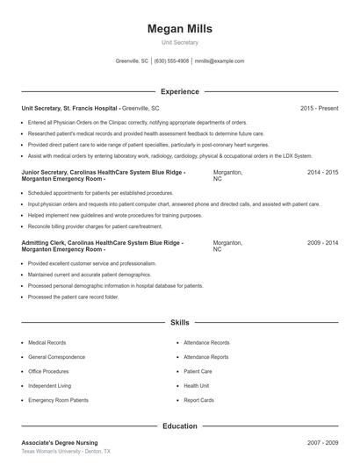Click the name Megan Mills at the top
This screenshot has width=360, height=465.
180,28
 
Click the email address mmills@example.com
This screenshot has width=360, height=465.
220,61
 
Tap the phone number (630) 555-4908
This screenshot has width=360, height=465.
172,61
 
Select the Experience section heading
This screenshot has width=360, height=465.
180,91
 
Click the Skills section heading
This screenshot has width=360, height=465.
180,323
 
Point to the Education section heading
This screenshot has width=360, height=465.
180,426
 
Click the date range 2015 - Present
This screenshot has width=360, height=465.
319,108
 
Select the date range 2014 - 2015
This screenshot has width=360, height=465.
322,173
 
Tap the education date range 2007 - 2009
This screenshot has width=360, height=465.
322,443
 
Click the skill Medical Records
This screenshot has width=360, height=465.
47,343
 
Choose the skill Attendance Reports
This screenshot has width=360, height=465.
206,357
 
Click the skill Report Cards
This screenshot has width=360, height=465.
198,400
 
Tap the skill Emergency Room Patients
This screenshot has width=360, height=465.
58,400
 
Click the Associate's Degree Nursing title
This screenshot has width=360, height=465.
60,443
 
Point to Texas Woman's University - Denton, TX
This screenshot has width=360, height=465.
66,451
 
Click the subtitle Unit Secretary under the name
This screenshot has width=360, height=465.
180,42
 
